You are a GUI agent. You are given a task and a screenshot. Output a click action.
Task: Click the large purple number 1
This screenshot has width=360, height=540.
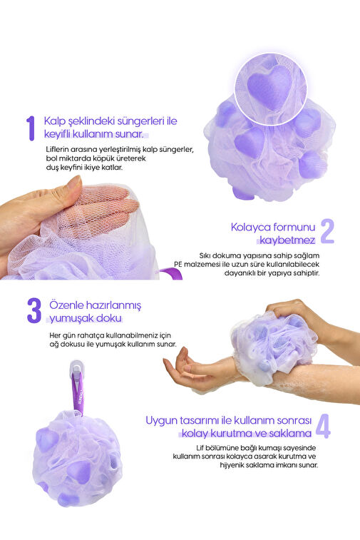[x=31, y=128]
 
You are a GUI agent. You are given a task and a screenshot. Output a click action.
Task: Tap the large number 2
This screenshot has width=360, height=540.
[x=327, y=231]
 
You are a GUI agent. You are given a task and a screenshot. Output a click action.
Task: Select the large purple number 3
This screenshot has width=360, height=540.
[x=34, y=311]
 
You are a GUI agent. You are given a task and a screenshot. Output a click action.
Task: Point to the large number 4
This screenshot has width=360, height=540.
[x=323, y=426]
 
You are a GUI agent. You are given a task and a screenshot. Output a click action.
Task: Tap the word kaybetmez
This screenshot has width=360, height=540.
[x=287, y=240]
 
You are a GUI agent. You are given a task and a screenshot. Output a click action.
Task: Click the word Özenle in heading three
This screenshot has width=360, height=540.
[x=66, y=305]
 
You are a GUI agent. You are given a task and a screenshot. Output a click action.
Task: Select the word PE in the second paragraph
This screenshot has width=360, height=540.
[x=178, y=265]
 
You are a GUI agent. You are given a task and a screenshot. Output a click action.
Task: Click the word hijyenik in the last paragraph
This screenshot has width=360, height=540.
[x=232, y=465]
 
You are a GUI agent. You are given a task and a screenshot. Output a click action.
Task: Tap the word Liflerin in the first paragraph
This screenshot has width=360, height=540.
[x=57, y=150]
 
